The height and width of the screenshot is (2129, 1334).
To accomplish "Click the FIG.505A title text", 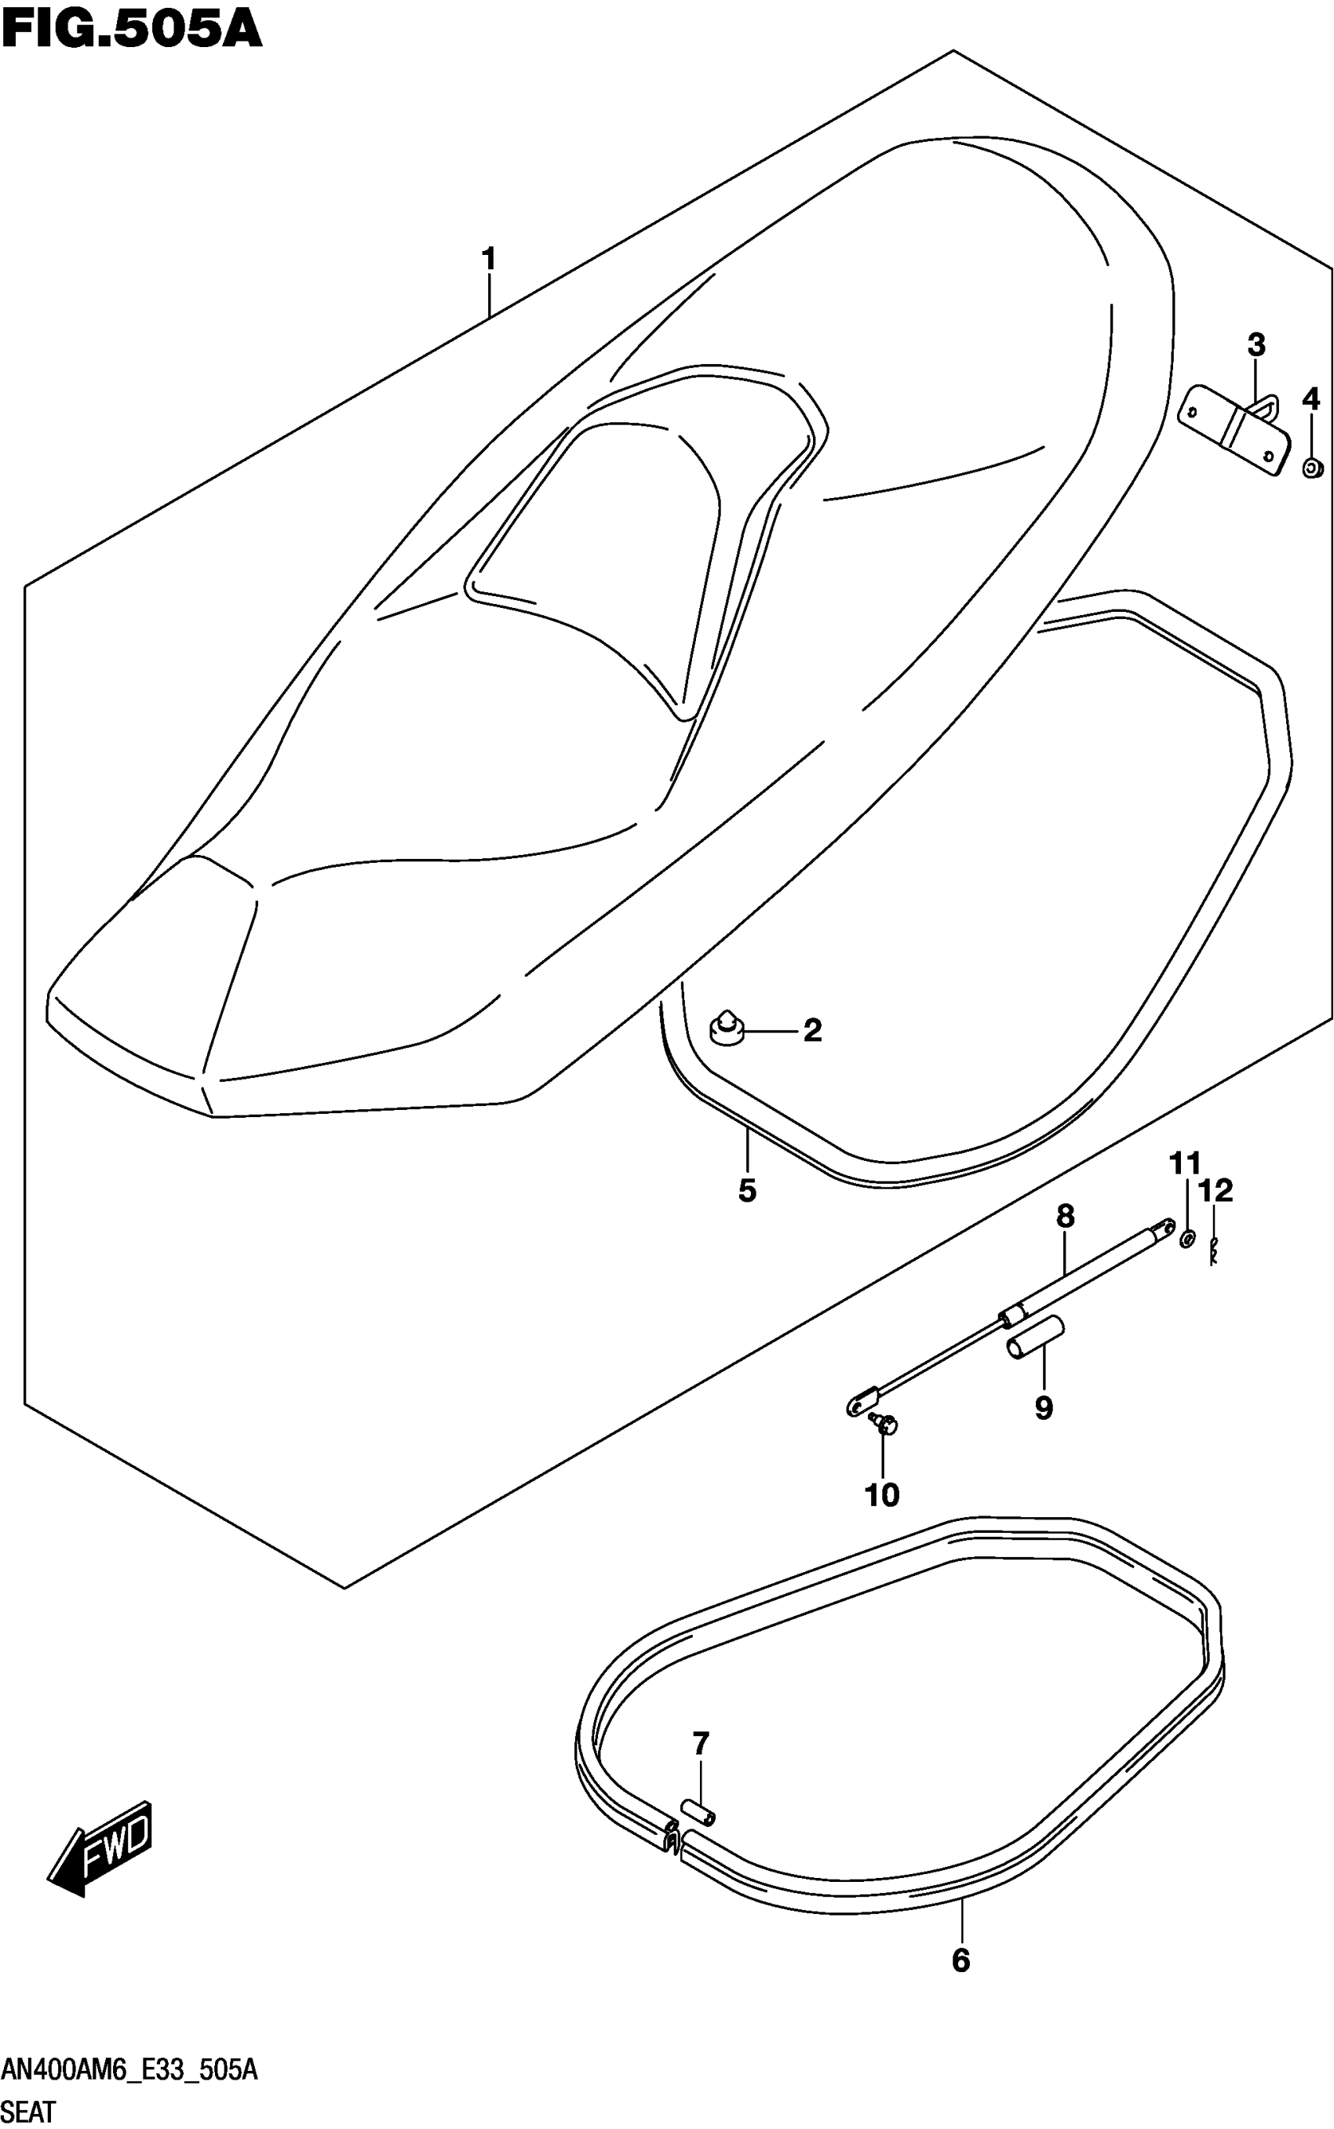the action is pyautogui.click(x=133, y=28).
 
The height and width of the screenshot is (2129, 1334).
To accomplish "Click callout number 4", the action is pyautogui.click(x=1311, y=399).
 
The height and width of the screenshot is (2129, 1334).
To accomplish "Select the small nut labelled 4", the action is pyautogui.click(x=1312, y=467).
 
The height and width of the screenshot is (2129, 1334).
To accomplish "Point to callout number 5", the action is pyautogui.click(x=747, y=1191).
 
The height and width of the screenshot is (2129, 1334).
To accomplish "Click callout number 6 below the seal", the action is pyautogui.click(x=960, y=1960).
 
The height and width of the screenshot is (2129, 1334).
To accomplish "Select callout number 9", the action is pyautogui.click(x=1044, y=1407).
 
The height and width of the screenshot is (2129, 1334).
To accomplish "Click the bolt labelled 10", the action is pyautogui.click(x=884, y=1421).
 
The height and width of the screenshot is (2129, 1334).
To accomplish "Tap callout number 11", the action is pyautogui.click(x=1186, y=1163).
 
